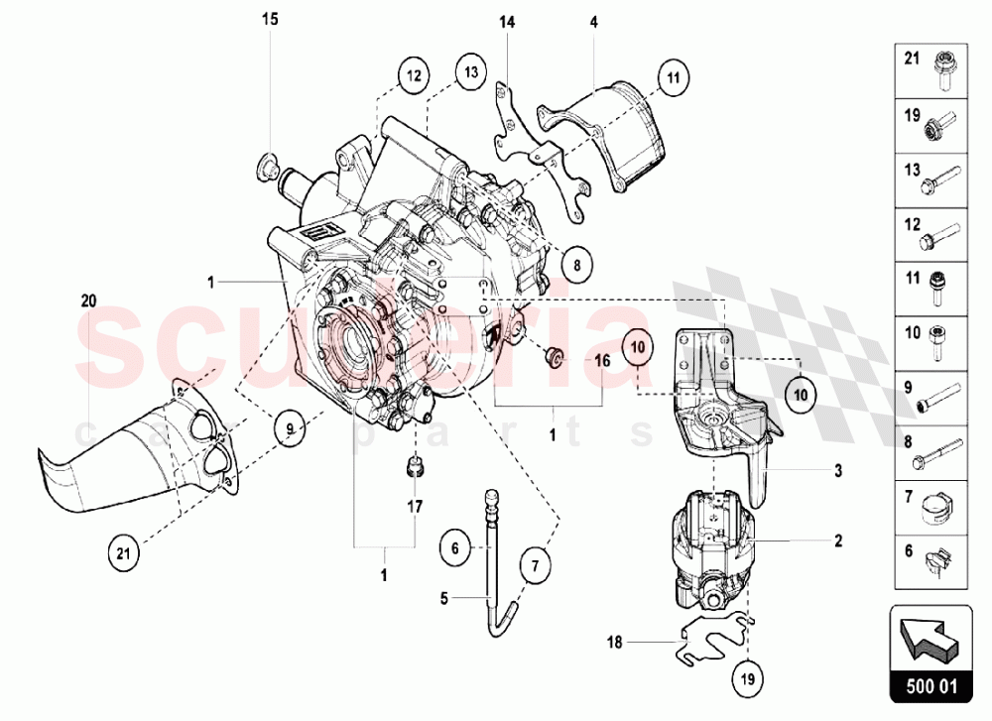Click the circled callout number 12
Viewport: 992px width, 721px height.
point(413,74)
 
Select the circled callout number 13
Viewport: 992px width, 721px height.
point(469,71)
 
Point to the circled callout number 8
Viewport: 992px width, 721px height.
point(576,265)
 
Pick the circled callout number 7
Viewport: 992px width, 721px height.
point(534,566)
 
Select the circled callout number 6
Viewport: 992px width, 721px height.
point(453,546)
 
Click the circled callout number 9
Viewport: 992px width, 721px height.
point(289,429)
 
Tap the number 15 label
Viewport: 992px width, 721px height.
point(271,19)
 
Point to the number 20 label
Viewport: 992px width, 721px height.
point(88,301)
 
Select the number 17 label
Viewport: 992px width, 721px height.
point(415,507)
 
